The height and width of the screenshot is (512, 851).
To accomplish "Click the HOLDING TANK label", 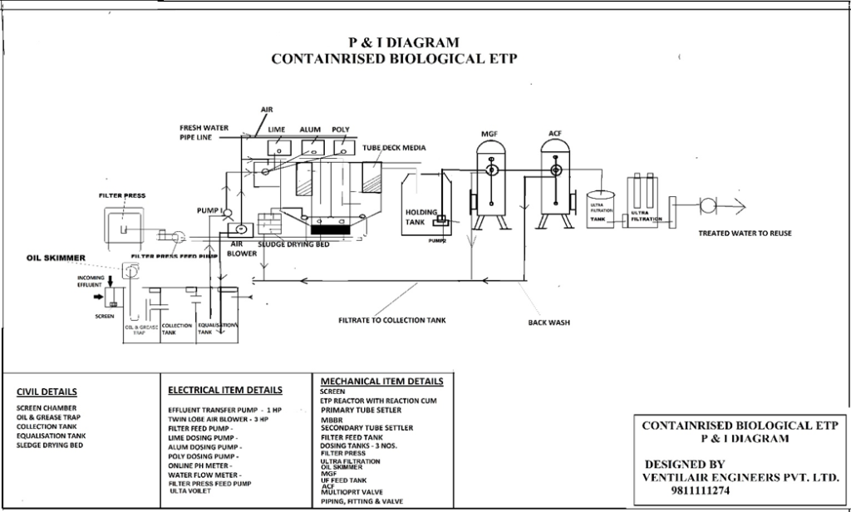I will point(416,217).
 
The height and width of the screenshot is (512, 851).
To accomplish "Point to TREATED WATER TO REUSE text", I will point(744,234).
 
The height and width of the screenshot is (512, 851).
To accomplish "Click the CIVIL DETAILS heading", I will point(47,391).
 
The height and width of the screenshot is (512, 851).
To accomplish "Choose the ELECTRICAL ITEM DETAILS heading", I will point(224,389).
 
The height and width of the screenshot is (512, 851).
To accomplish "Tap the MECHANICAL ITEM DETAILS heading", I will point(381,382).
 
